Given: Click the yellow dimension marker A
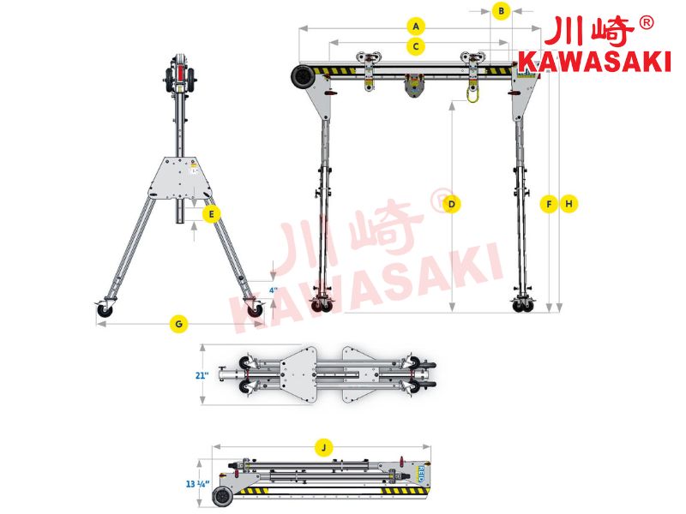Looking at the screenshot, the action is point(416,27).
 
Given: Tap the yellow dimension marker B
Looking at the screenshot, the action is point(502,10).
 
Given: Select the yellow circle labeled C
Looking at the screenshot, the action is point(416,46).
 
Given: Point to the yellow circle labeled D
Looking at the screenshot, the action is point(452,204).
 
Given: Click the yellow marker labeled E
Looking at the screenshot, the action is point(212,214).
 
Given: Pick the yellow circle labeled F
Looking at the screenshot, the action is point(549,204).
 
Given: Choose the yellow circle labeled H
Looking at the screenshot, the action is point(569,204).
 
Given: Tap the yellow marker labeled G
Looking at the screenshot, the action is point(178,324).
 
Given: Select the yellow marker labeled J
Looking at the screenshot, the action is point(324,447).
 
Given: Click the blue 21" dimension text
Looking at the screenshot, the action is point(202,375).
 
